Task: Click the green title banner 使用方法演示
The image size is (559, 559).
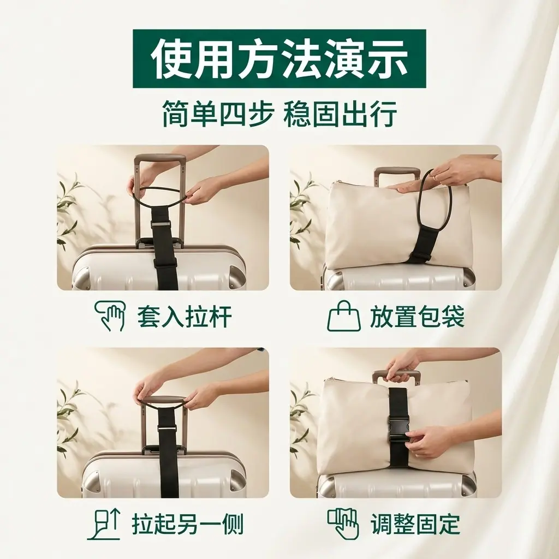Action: pos(279,59)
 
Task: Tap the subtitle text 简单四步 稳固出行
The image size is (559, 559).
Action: pos(279,114)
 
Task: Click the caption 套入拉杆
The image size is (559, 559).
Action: pos(185,317)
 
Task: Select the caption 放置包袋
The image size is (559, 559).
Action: pos(417,317)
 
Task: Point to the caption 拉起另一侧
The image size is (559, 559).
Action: pos(188,524)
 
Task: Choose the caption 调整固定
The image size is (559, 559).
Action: pos(415,524)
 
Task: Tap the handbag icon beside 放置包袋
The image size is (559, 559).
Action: pos(344,316)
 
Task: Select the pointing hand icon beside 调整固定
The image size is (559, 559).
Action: pos(343,524)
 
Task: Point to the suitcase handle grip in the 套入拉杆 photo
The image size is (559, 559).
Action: pos(160,159)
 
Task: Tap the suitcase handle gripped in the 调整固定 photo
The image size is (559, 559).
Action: pos(396,376)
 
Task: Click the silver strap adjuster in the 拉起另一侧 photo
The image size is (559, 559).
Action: pos(166,427)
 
